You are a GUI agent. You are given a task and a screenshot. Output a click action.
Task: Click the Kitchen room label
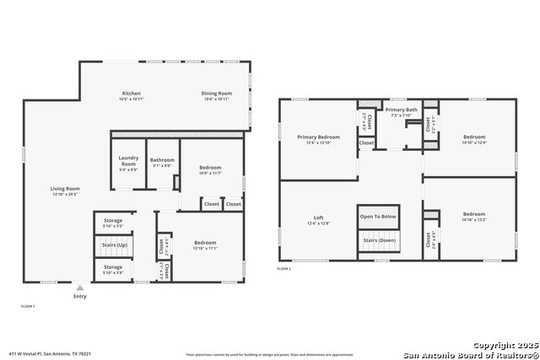[x=131, y=93]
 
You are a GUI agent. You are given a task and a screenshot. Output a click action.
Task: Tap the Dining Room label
[x=217, y=93]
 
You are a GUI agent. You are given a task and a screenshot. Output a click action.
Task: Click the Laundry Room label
[x=128, y=160]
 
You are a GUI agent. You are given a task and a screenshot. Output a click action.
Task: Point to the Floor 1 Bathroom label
[x=162, y=160]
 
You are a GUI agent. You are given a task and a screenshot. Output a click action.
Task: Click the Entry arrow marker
[x=80, y=287]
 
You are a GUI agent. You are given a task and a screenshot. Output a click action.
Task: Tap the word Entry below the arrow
[x=80, y=296]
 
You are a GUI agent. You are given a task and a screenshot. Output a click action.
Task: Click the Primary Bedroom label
[x=318, y=137]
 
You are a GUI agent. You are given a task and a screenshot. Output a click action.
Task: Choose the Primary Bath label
[x=402, y=110]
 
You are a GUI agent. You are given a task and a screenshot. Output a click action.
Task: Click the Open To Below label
[x=378, y=216]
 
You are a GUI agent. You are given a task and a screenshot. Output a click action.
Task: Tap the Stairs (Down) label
[x=378, y=240]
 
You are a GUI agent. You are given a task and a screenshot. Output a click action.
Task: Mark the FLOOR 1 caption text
[x=27, y=306]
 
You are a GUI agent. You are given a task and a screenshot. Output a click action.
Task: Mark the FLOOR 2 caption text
[x=283, y=269]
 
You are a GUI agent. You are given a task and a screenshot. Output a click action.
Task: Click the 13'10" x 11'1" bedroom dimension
[x=206, y=249]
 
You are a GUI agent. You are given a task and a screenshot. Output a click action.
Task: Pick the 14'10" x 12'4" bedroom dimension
[x=473, y=142]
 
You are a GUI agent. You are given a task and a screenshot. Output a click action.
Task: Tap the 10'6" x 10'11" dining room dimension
[x=217, y=99]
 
